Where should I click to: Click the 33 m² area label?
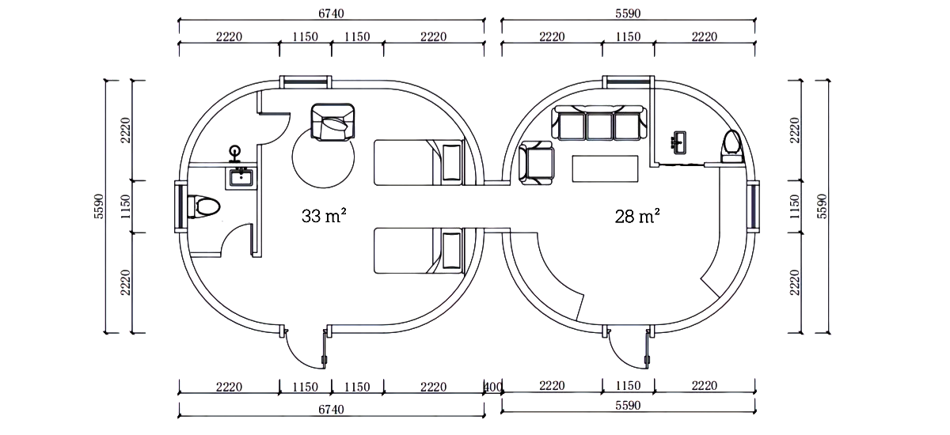[324, 216]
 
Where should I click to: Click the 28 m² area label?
[637, 216]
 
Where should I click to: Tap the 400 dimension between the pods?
[492, 387]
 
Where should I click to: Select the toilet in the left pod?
[204, 206]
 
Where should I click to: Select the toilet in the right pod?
[732, 146]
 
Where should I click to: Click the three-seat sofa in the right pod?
[599, 123]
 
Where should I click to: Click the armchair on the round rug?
[333, 122]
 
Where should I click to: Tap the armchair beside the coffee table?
[536, 164]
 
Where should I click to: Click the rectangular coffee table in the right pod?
[605, 169]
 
